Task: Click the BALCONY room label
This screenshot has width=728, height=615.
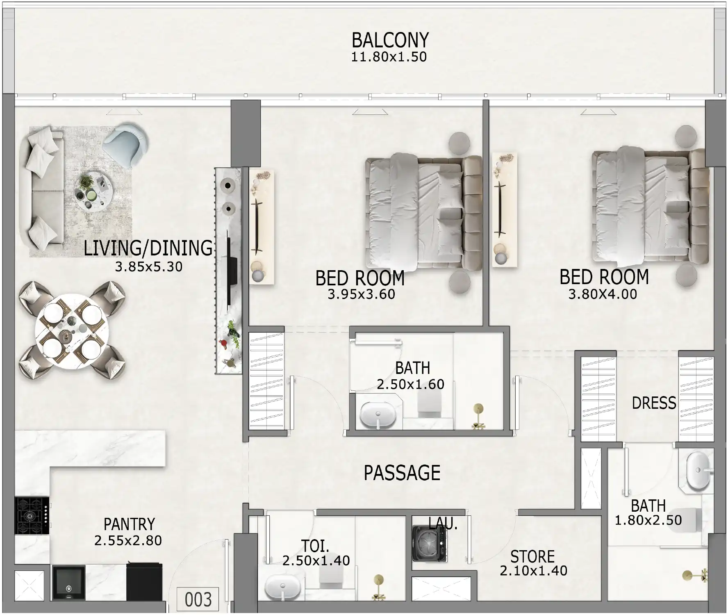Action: (x=390, y=41)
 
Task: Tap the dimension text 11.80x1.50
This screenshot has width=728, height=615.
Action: (x=389, y=57)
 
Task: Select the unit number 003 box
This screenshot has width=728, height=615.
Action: (x=198, y=599)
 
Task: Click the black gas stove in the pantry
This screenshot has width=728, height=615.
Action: (x=32, y=515)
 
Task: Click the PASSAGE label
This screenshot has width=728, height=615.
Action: (x=402, y=473)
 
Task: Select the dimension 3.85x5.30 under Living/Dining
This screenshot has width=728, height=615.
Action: (x=148, y=267)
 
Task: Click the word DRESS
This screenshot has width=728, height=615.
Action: (x=654, y=403)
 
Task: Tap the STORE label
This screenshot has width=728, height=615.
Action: (x=532, y=557)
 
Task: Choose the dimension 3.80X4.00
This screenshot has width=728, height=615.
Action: (x=602, y=294)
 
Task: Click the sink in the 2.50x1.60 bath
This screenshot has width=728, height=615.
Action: (x=378, y=415)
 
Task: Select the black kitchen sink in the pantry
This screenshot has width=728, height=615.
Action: (x=68, y=583)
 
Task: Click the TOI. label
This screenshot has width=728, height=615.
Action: (x=315, y=546)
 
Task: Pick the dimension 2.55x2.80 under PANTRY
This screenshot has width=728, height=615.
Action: (x=128, y=541)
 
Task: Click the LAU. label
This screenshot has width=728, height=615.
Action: (x=443, y=524)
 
